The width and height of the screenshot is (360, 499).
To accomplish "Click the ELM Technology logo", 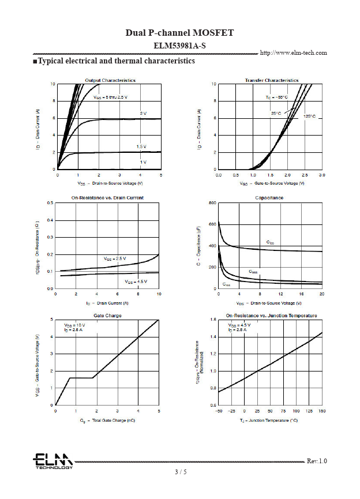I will pos(52,461).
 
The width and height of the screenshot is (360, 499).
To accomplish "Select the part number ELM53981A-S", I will pos(179,45).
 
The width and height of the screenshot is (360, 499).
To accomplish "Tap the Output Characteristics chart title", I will pos(110,80).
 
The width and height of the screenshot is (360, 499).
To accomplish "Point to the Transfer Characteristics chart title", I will pos(271,80).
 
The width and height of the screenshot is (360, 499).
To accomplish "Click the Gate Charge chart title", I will pos(107,316).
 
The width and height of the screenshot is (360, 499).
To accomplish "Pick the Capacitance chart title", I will pos(269,198).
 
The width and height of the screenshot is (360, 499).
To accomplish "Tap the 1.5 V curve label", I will pos(141,147).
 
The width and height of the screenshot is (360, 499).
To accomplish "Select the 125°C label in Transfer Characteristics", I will pos(309,117).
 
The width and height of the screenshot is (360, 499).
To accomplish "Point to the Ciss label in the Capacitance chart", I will pos(270,242).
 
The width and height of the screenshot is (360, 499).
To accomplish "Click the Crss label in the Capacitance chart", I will pos(227,284).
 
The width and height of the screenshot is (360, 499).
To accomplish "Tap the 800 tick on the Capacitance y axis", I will pos(213,204).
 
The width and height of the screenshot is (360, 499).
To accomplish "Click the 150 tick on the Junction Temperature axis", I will pos(322,411).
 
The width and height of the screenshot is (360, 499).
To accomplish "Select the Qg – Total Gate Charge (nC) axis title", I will pos(108,421).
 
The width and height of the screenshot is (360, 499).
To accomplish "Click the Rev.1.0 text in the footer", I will pos(317,461).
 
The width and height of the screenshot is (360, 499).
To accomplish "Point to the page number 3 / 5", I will pos(181,472).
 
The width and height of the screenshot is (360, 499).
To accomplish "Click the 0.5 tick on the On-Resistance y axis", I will pos(50,203).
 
